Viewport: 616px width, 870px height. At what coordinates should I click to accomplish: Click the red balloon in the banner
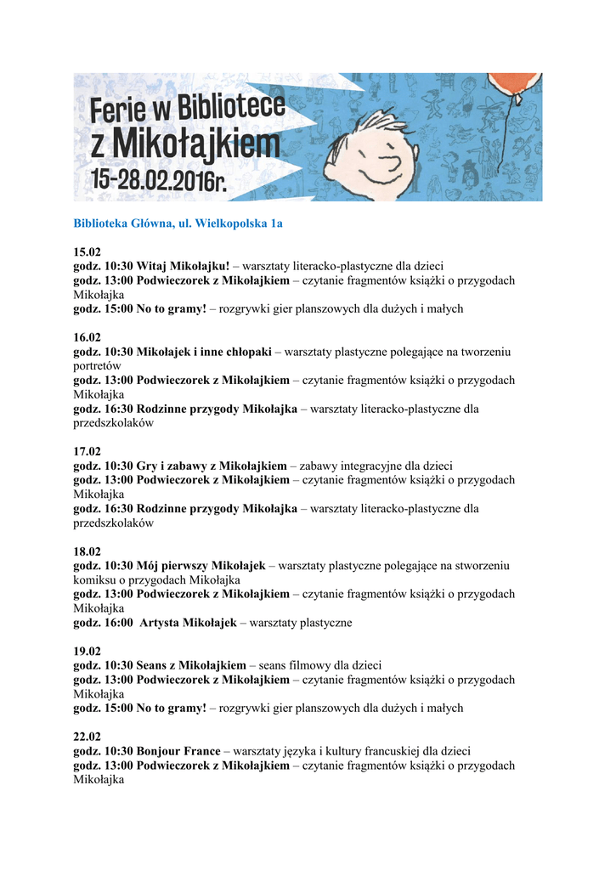[x=513, y=86]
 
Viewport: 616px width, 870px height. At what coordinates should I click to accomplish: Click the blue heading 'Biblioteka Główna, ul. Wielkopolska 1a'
[x=178, y=223]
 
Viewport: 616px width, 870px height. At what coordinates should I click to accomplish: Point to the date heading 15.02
[x=87, y=251]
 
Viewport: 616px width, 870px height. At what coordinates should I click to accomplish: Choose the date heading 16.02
[x=87, y=337]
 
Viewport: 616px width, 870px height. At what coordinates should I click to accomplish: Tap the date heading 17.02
[x=87, y=451]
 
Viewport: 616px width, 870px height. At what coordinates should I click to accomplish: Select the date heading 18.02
[x=87, y=551]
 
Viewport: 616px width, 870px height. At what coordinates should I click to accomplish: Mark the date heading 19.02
[x=87, y=652]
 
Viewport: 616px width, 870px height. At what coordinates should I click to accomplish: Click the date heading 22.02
[x=87, y=737]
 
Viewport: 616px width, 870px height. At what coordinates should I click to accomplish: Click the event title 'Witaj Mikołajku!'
[x=183, y=266]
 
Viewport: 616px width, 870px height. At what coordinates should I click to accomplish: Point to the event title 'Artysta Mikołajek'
[x=188, y=623]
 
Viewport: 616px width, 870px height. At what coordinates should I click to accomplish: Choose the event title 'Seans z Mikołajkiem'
[x=191, y=665]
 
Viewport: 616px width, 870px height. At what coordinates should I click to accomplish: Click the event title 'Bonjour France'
[x=178, y=751]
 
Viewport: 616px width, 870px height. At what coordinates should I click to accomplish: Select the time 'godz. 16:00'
[x=103, y=623]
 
